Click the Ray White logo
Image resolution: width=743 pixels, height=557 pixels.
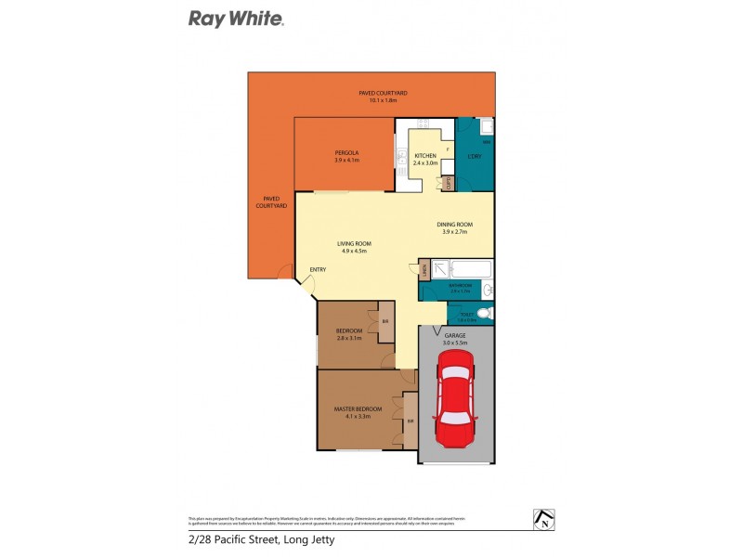click(x=236, y=18)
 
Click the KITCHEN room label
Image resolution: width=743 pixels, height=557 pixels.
click(x=425, y=155)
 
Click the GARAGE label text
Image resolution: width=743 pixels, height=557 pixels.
click(x=455, y=336)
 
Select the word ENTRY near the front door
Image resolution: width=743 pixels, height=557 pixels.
click(x=319, y=270)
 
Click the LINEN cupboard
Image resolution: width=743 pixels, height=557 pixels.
click(x=424, y=270)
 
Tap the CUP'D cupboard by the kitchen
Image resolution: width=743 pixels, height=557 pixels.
click(x=448, y=183)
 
